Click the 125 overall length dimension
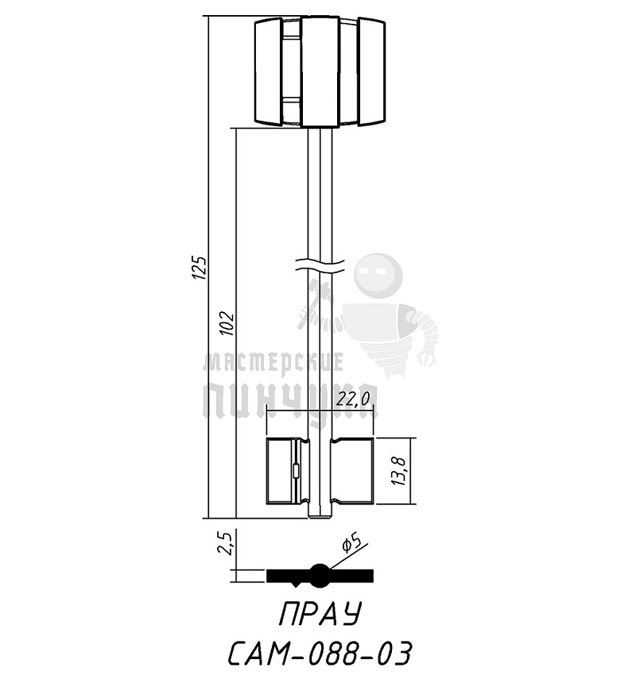[200, 268]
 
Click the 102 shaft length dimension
[227, 323]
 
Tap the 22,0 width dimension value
[353, 399]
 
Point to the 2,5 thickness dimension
[224, 542]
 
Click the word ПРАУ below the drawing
[320, 614]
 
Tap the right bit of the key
[352, 471]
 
